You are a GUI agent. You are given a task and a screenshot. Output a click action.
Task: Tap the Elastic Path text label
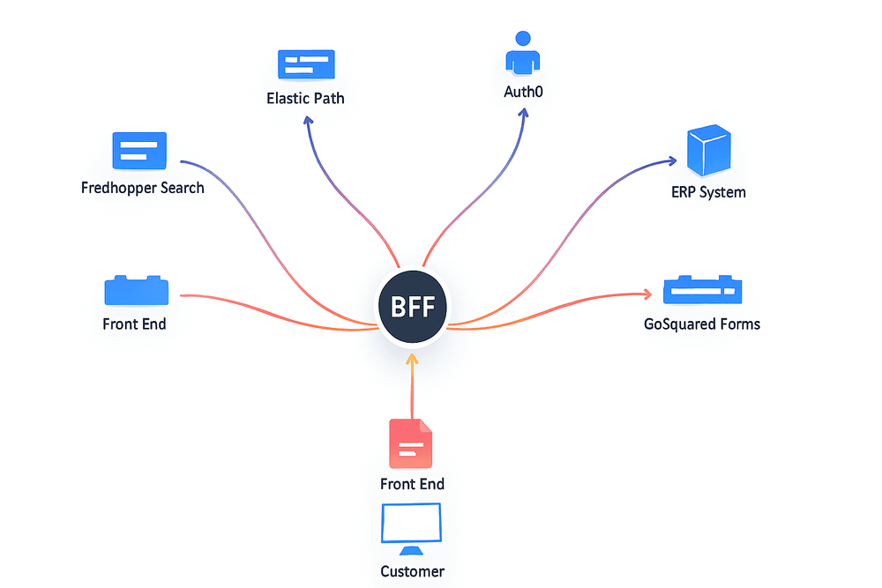(x=305, y=98)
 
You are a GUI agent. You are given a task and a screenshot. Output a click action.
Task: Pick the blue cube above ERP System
(x=708, y=151)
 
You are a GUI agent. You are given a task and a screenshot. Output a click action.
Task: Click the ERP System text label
(x=707, y=191)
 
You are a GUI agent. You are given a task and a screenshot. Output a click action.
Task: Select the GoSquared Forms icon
(x=702, y=289)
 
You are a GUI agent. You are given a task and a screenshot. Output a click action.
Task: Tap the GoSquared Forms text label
(x=702, y=324)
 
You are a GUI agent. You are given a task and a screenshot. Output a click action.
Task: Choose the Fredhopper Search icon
(x=139, y=150)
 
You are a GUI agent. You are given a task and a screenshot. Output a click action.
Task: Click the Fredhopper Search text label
(x=142, y=188)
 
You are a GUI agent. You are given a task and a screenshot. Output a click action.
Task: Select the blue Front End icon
(x=137, y=290)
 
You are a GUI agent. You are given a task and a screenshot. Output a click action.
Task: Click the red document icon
(x=411, y=443)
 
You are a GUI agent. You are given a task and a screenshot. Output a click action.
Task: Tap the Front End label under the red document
(x=412, y=484)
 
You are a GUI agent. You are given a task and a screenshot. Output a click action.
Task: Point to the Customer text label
(x=412, y=571)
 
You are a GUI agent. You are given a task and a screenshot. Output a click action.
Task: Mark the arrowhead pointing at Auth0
(x=524, y=114)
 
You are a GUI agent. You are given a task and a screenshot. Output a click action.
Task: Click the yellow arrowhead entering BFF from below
(x=412, y=360)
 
